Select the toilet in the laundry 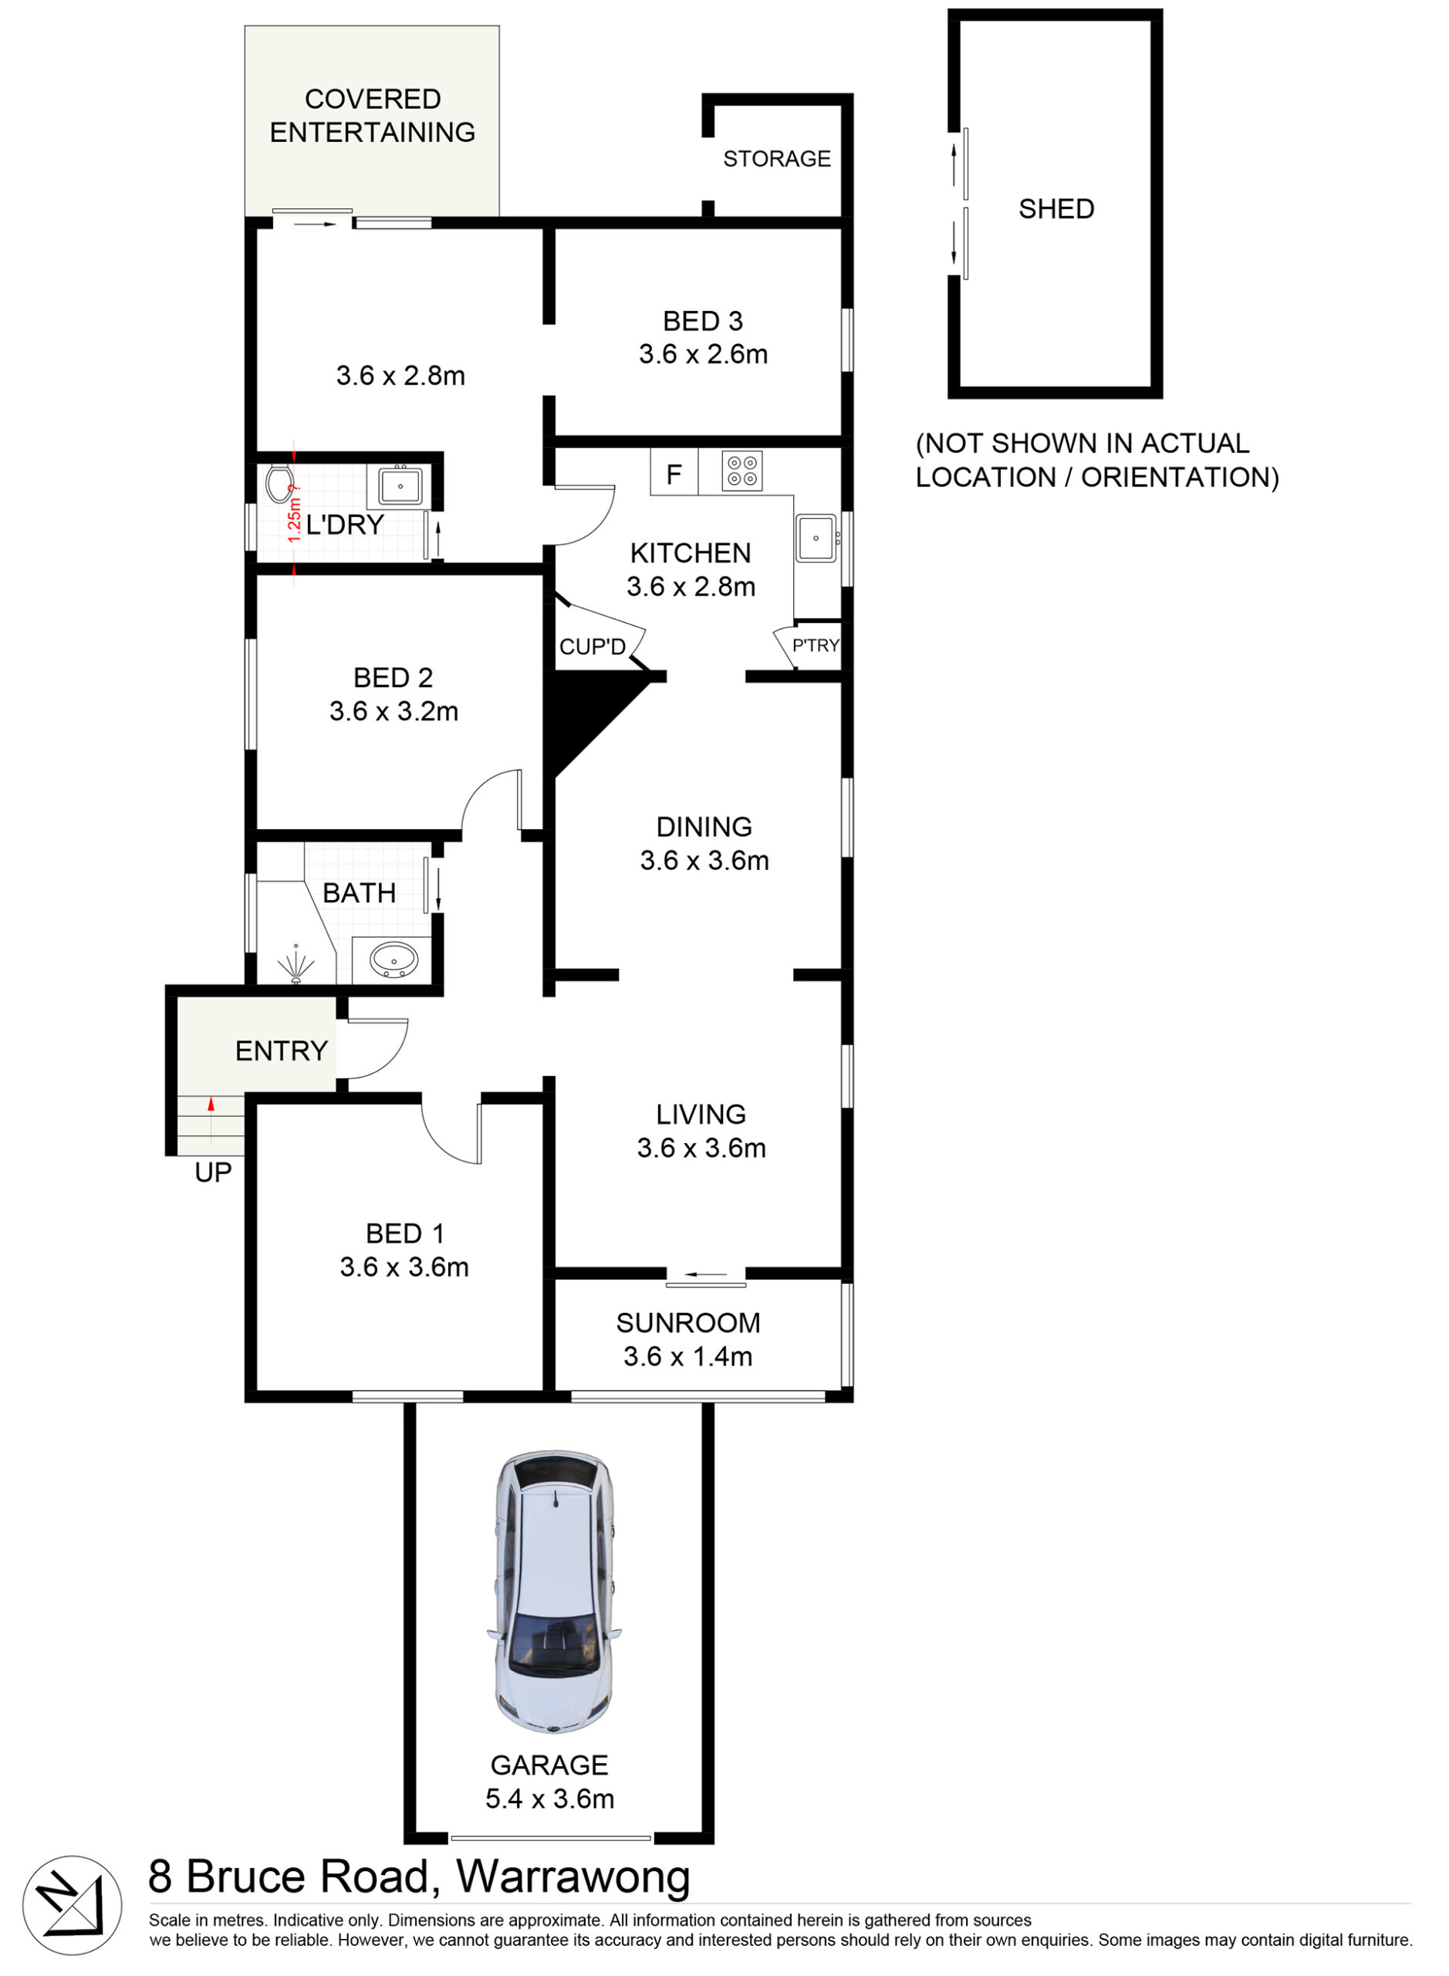point(279,483)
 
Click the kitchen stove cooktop point(742,471)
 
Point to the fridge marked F point(674,474)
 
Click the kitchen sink point(816,538)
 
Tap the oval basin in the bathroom point(393,960)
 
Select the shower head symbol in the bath point(296,965)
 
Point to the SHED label point(1056,209)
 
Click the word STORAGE point(777,159)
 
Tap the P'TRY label point(816,646)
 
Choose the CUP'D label point(593,647)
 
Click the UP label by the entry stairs point(213,1172)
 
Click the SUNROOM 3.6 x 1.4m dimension point(688,1356)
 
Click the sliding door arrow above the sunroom point(706,1274)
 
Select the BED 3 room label point(704,321)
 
